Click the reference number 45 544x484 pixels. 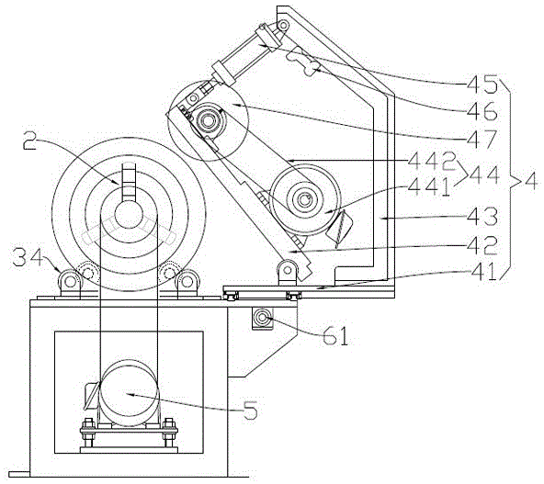[482, 84]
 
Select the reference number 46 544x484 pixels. [482, 111]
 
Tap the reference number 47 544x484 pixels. [482, 139]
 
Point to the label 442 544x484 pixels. [431, 162]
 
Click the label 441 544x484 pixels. [429, 186]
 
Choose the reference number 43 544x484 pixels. [482, 217]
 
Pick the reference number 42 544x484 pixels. [482, 245]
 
